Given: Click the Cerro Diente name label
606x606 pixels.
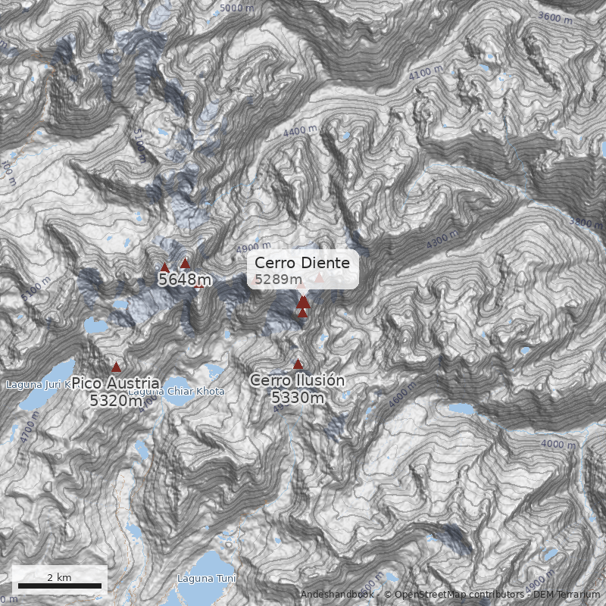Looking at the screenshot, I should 302,263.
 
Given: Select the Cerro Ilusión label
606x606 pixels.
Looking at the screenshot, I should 297,380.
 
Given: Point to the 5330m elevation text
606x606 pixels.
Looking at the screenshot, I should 297,397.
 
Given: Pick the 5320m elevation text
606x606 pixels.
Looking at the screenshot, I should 116,401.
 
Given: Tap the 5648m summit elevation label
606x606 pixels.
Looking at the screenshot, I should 184,280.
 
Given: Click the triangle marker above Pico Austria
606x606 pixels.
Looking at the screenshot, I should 116,367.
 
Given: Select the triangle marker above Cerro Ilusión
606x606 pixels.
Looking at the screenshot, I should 298,364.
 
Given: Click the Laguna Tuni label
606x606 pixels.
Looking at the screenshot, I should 206,579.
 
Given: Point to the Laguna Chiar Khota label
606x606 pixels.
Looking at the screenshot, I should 176,392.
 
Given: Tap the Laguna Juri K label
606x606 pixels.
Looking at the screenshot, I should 38,385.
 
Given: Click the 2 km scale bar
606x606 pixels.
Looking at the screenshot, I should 60,586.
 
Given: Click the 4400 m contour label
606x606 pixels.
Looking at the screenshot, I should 300,131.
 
